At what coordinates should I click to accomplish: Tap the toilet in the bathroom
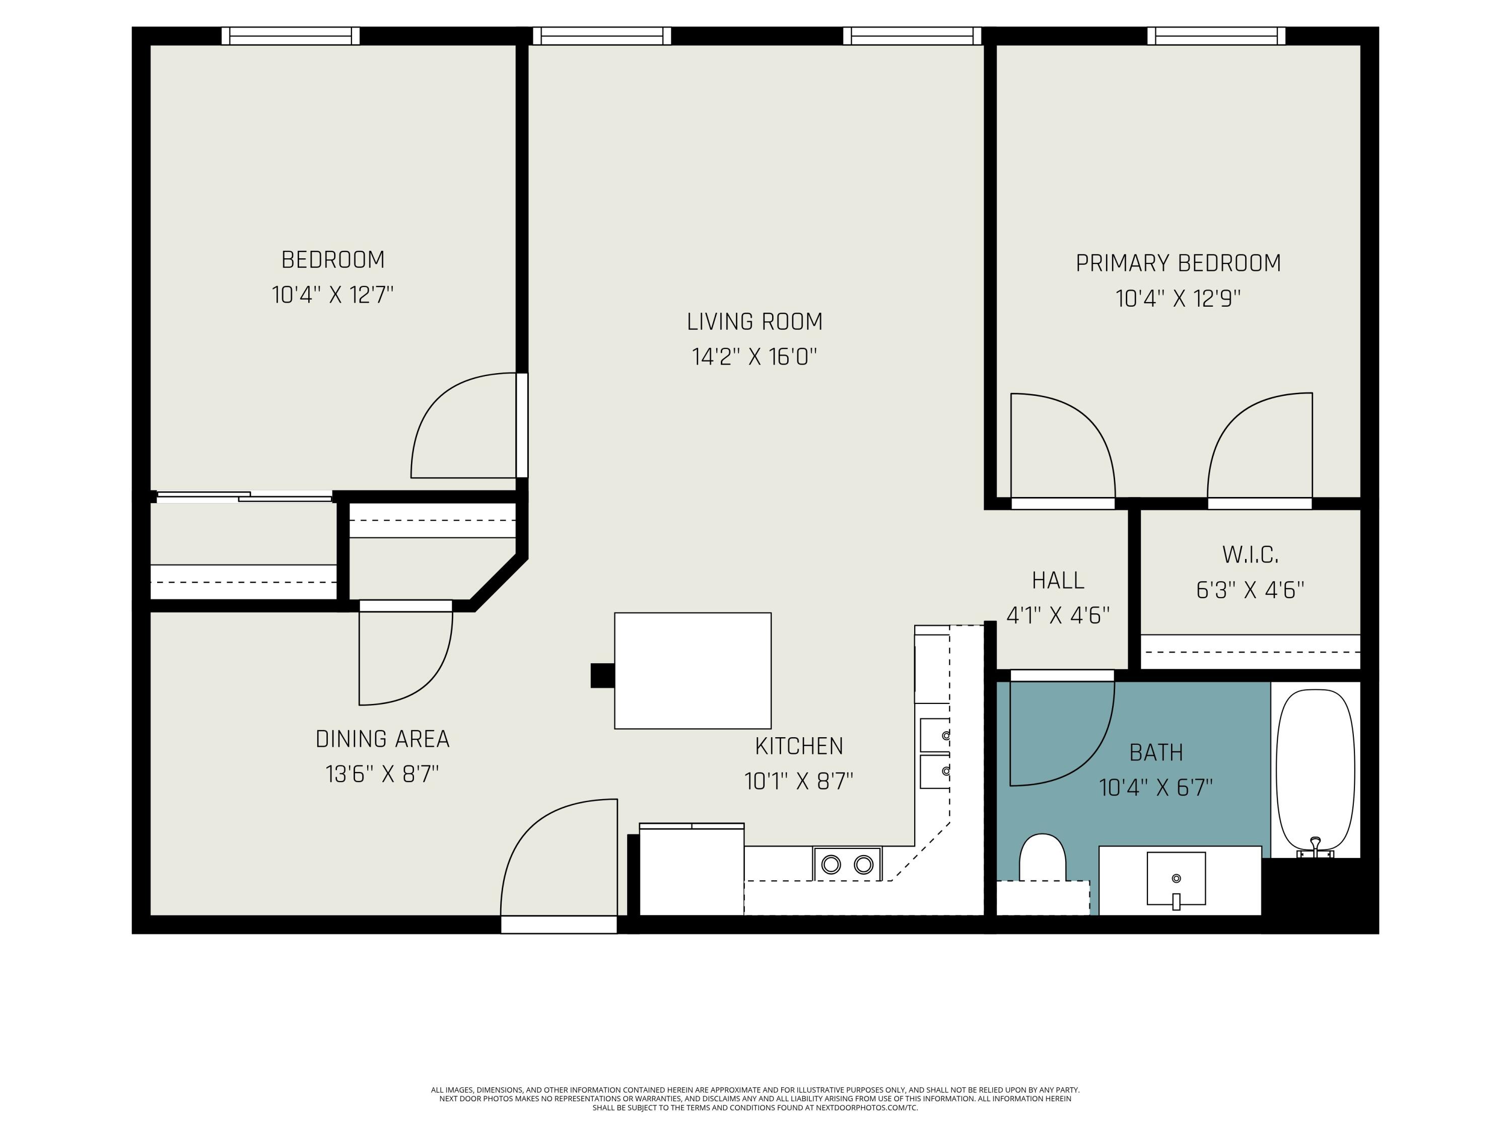1043,859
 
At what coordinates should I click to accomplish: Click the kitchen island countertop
693,671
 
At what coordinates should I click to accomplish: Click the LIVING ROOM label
755,322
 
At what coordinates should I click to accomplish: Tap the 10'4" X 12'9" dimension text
1179,299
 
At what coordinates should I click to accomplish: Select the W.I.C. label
1250,554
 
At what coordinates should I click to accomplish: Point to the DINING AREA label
382,739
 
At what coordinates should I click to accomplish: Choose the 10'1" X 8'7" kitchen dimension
799,781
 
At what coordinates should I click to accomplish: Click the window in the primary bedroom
1216,36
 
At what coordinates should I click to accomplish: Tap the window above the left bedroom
290,36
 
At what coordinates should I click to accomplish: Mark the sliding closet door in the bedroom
245,497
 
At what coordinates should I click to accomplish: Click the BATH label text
1156,753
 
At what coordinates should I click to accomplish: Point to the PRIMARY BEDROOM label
1179,263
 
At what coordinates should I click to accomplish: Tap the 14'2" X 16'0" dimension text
755,357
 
